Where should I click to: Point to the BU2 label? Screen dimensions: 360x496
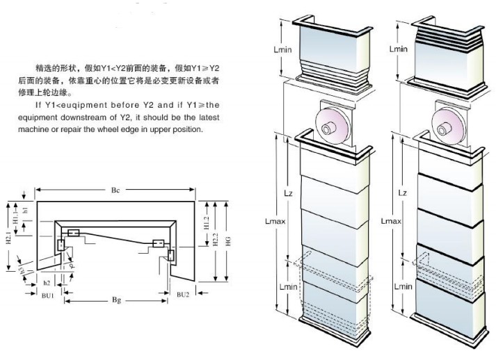click(182, 295)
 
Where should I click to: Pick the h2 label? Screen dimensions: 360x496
click(47, 282)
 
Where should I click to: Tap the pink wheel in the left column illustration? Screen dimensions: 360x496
click(333, 122)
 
